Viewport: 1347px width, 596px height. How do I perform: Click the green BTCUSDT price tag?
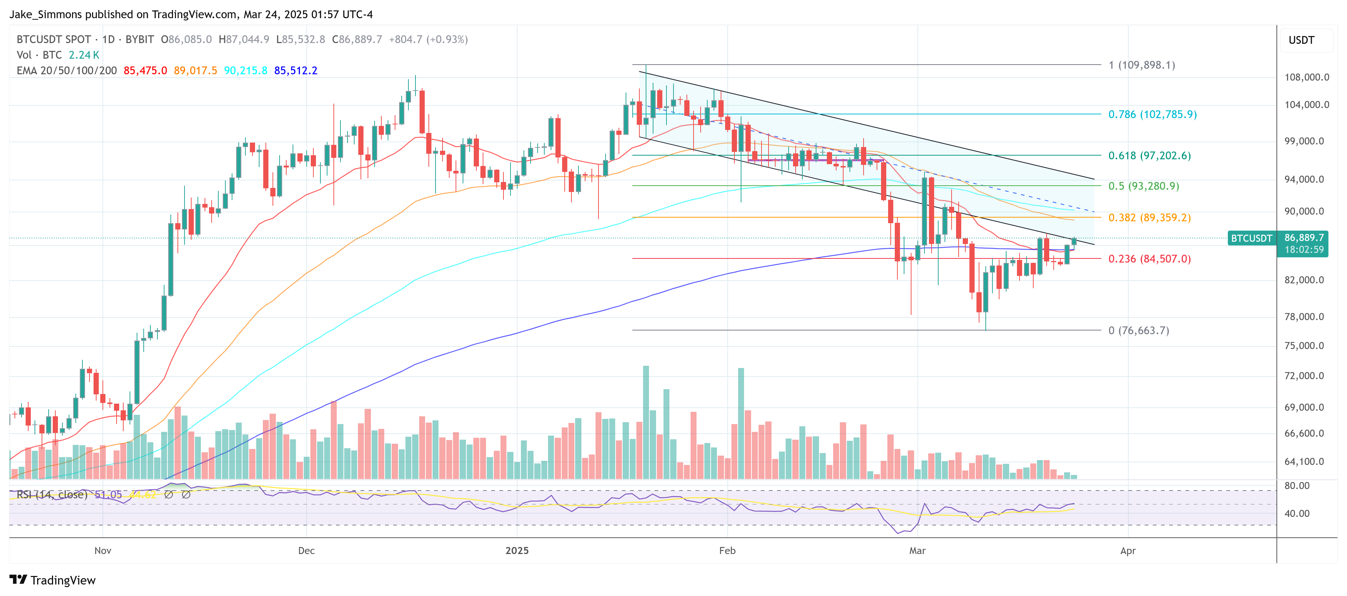click(1251, 238)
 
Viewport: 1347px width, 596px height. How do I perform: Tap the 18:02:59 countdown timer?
click(1304, 250)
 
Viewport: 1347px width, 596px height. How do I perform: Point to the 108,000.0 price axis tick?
click(1306, 77)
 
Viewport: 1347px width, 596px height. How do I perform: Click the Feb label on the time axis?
click(727, 551)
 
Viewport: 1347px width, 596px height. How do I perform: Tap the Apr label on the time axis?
click(1128, 551)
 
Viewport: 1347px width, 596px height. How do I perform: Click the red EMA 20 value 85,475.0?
click(145, 71)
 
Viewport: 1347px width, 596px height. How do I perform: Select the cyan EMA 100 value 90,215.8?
click(245, 71)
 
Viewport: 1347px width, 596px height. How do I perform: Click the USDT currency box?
click(1301, 40)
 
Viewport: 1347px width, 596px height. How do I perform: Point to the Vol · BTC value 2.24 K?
click(84, 55)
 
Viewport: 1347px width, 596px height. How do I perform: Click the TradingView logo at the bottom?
click(53, 580)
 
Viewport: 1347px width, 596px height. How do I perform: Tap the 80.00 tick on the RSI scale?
click(1297, 486)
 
